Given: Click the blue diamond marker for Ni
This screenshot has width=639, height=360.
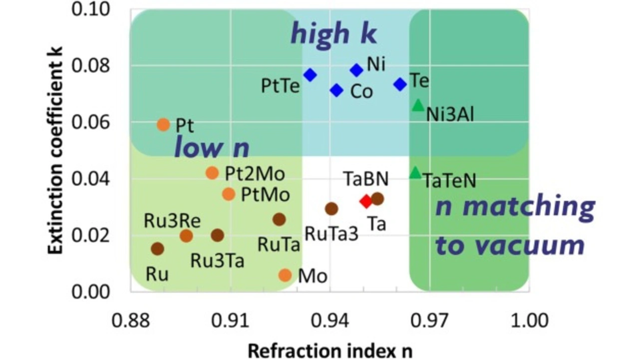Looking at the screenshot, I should coord(356,70).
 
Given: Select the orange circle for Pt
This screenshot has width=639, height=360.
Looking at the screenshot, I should coord(164,124).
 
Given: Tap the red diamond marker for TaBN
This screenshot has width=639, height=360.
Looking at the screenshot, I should coord(366,201).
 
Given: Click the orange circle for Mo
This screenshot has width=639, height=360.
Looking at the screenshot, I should coord(285,275).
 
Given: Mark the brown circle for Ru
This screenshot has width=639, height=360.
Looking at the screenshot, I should coord(158,248).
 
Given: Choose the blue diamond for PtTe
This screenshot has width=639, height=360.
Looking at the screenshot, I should coord(311,75).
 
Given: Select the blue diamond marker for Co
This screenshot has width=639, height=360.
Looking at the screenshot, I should coord(336,90).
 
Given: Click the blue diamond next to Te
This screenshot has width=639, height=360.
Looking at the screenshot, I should coord(400,84).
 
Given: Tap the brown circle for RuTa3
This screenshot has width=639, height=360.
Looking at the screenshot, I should coord(331,209).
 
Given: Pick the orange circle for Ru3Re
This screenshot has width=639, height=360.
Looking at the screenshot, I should coord(186,236).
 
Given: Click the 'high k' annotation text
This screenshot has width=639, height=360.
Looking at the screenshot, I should coord(333,34).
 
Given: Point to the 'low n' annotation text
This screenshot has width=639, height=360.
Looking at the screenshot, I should coord(211,147).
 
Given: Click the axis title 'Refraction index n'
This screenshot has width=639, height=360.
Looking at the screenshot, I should coord(330,350).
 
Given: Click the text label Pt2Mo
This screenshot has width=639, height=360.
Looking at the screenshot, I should coord(255,174).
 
